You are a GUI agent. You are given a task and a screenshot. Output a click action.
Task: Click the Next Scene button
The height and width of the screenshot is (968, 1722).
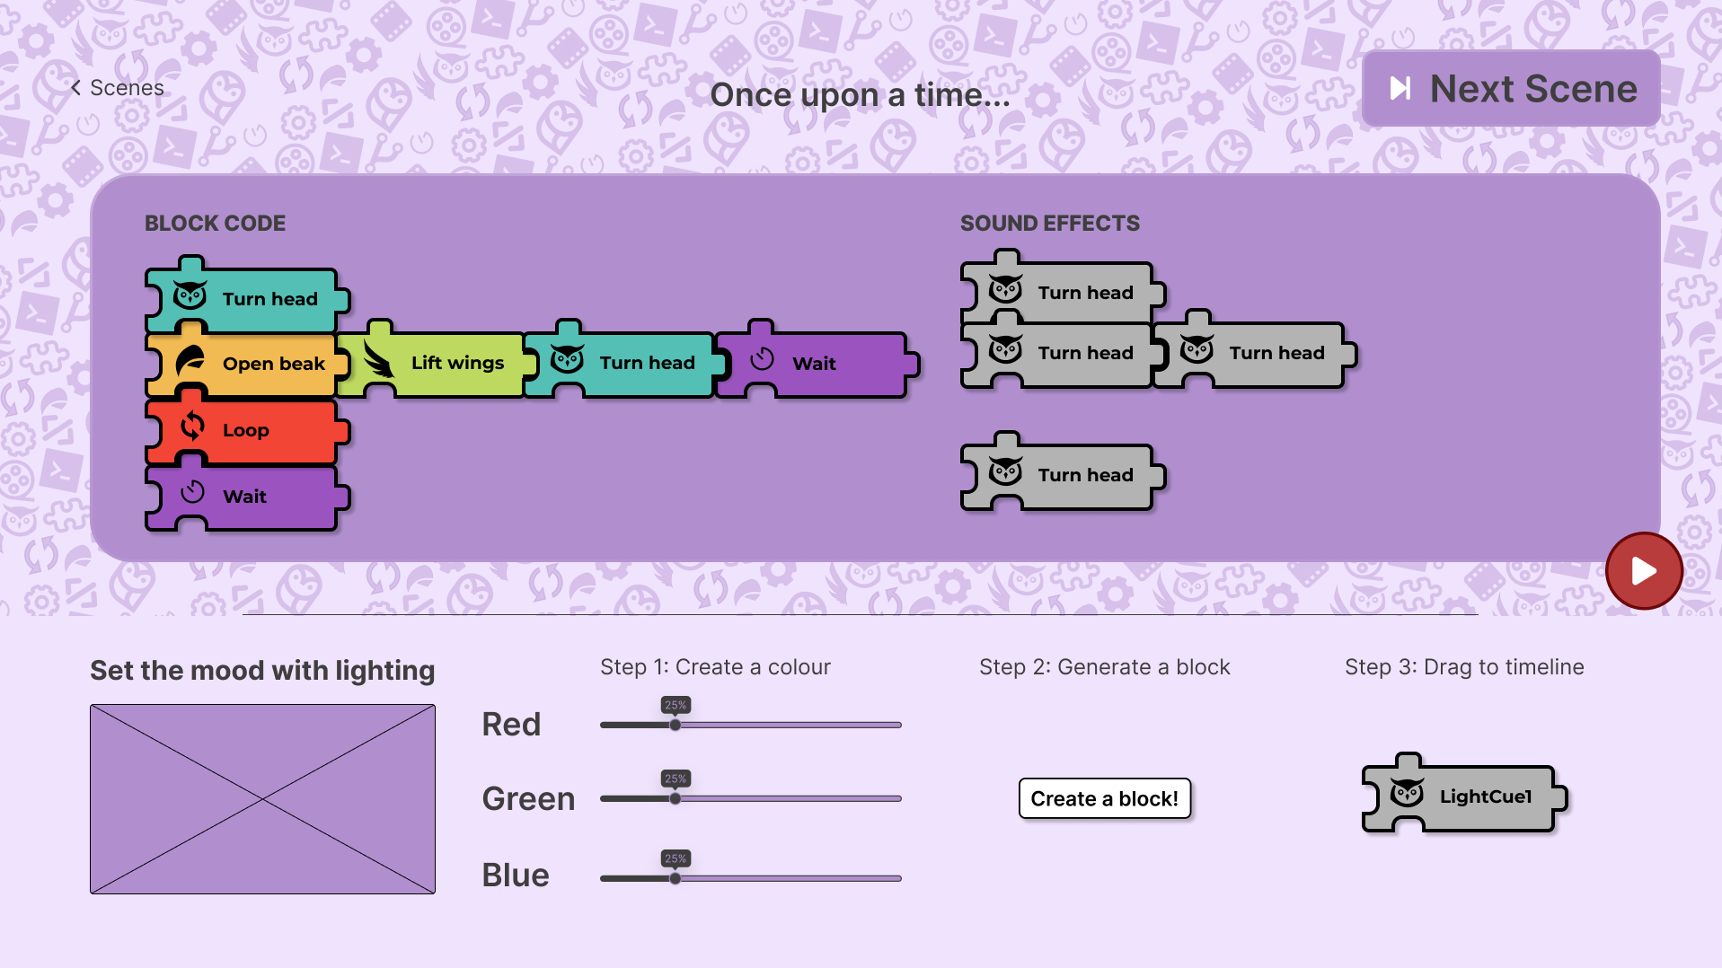[x=1511, y=88]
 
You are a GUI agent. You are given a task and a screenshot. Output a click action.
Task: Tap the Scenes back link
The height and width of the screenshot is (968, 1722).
[x=118, y=88]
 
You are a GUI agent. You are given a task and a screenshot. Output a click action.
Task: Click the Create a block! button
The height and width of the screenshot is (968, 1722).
[x=1104, y=798]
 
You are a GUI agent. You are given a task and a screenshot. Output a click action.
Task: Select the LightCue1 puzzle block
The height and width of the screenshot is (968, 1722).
[x=1464, y=794]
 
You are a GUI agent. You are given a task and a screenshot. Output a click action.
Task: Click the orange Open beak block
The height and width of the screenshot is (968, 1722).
[x=244, y=363]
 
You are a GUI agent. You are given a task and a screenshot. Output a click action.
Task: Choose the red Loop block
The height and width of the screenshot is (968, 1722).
[x=244, y=429]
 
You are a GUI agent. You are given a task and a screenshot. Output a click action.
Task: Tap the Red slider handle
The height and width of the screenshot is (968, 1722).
[x=675, y=725]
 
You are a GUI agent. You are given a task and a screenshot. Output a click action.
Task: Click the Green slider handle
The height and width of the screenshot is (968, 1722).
[x=675, y=798]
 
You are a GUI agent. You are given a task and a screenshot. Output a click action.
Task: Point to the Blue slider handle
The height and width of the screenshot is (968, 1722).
[x=675, y=878]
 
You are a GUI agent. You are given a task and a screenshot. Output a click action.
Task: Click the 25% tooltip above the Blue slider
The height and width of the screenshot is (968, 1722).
[x=676, y=858]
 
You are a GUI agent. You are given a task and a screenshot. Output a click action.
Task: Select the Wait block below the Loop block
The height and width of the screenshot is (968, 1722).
[x=244, y=496]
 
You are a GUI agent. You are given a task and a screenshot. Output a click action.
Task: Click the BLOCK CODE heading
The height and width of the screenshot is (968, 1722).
[x=216, y=223]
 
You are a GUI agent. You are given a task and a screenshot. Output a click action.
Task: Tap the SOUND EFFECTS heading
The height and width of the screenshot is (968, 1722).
[x=1050, y=223]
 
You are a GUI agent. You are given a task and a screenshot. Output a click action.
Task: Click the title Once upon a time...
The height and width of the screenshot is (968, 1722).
[x=860, y=95]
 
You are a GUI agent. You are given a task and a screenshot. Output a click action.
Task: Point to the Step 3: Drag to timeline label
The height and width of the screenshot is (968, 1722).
[x=1464, y=667]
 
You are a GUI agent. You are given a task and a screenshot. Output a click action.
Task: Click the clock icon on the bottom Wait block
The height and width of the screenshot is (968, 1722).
[x=192, y=492]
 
